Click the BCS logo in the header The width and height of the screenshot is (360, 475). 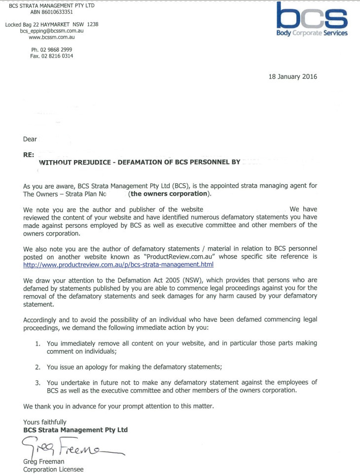pos(312,19)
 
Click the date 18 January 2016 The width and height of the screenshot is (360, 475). pos(293,76)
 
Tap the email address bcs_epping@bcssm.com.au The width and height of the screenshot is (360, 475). pos(51,31)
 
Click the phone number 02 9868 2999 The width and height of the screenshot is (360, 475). pos(59,50)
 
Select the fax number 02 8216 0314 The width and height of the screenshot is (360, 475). pos(59,56)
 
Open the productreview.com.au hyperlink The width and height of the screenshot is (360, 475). pos(118,265)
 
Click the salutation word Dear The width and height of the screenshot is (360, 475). pos(30,139)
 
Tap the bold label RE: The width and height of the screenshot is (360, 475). pos(29,154)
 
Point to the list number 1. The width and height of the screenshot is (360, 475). pos(37,343)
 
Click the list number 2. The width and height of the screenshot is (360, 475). pos(37,367)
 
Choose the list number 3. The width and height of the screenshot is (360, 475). pos(37,382)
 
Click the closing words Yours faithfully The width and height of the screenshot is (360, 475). pos(45,422)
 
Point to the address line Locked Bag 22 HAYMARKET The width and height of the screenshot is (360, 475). pos(43,24)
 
